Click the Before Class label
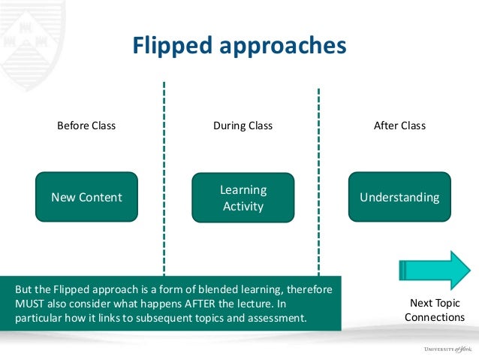[x=86, y=126]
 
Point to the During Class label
[x=243, y=126]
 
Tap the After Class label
[x=399, y=126]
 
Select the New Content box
[x=86, y=198]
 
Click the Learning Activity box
[x=243, y=198]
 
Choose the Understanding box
[x=399, y=198]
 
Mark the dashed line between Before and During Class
[x=164, y=173]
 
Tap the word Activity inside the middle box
[x=243, y=206]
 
